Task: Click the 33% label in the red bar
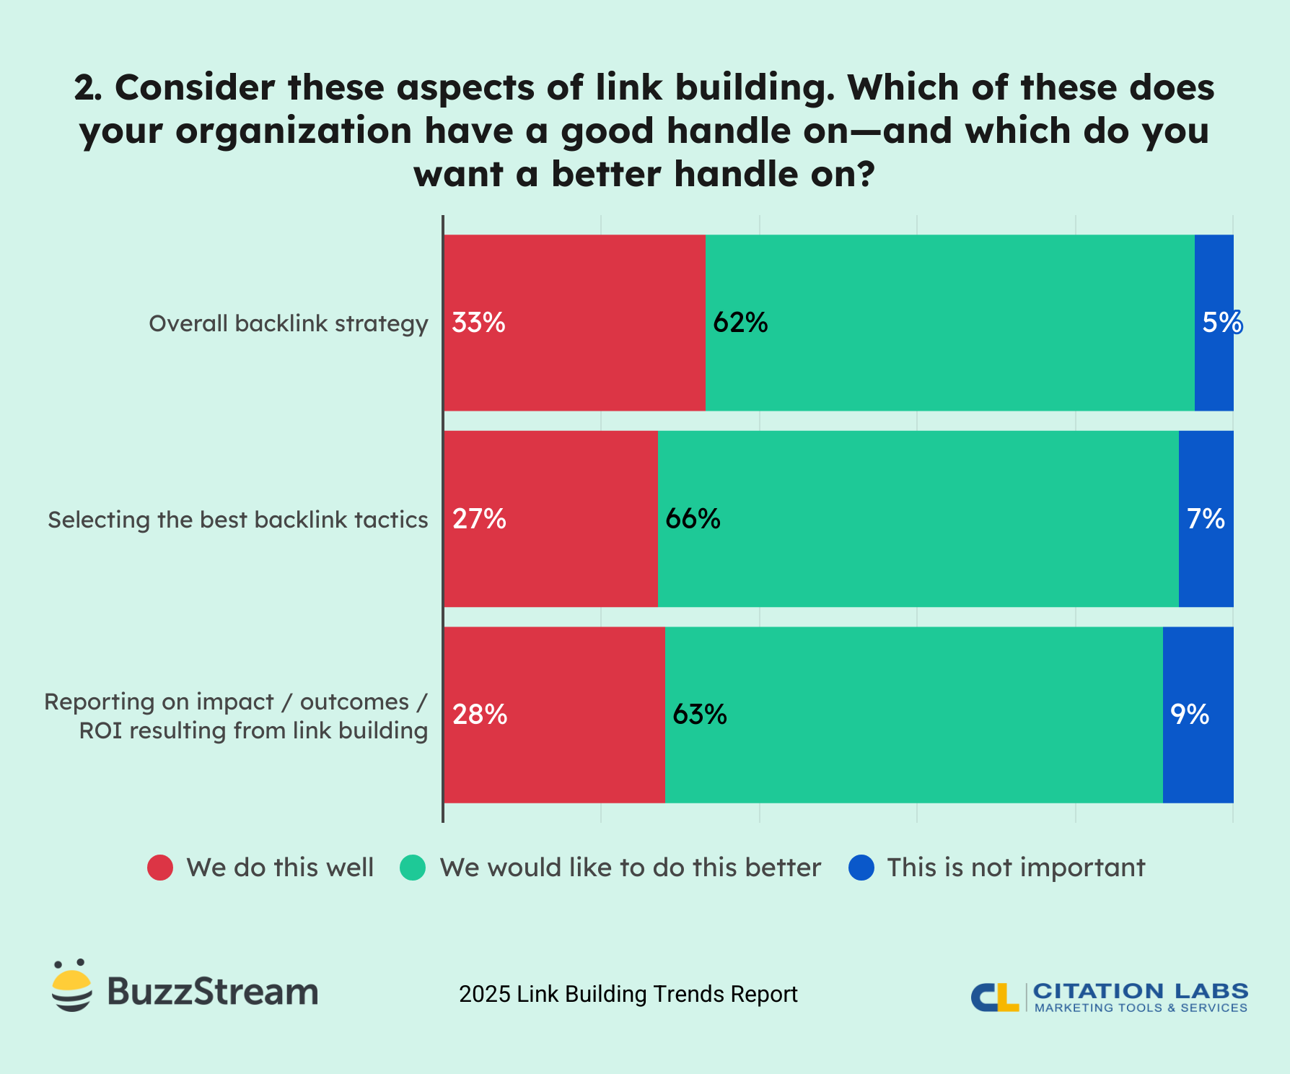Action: pyautogui.click(x=478, y=323)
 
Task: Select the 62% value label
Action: pyautogui.click(x=740, y=323)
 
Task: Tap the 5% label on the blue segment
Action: pyautogui.click(x=1221, y=323)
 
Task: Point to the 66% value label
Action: pyautogui.click(x=693, y=519)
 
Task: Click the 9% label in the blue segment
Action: pyautogui.click(x=1189, y=715)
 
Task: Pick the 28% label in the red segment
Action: pyautogui.click(x=480, y=715)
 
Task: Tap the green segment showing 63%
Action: pyautogui.click(x=913, y=758)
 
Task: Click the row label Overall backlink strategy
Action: pyautogui.click(x=289, y=323)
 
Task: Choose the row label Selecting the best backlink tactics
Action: pyautogui.click(x=238, y=520)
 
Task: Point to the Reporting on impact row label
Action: pyautogui.click(x=237, y=715)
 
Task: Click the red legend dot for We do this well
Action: pyautogui.click(x=160, y=868)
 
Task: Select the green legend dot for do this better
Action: pyautogui.click(x=413, y=868)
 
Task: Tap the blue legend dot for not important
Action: pyautogui.click(x=861, y=868)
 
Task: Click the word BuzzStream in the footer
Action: pyautogui.click(x=212, y=992)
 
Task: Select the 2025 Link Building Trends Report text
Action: pyautogui.click(x=628, y=994)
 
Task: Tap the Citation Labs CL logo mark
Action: pyautogui.click(x=994, y=997)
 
